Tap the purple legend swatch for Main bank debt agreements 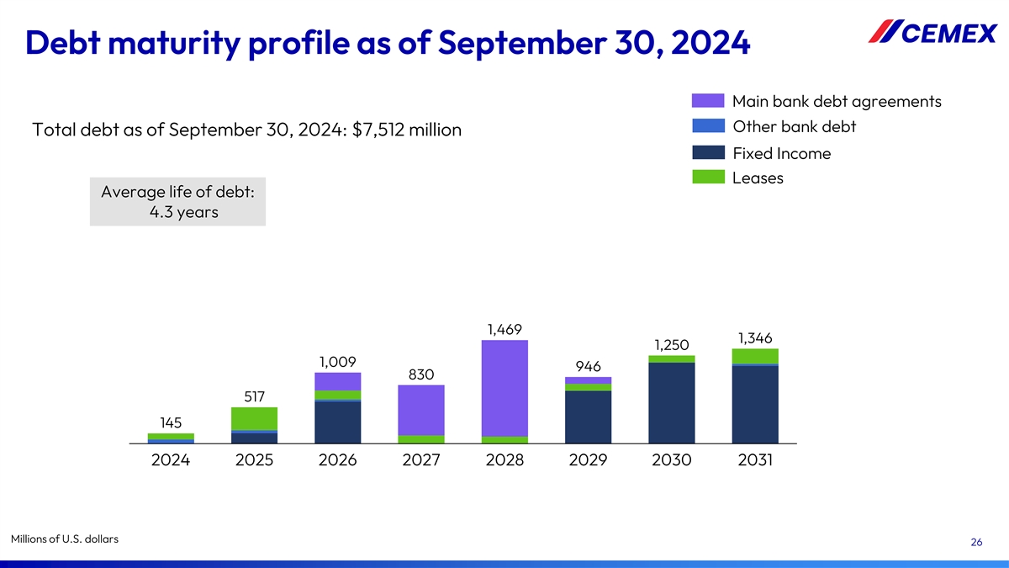[x=708, y=101]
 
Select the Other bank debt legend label [x=794, y=127]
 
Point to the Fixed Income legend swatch [x=708, y=153]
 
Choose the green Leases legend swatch [x=708, y=178]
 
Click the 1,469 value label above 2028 [x=504, y=328]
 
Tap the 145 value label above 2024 [x=171, y=422]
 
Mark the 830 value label [x=421, y=374]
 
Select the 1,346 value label [x=755, y=337]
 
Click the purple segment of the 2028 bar [x=504, y=387]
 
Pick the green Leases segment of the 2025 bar [x=254, y=418]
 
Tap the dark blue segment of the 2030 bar [x=672, y=402]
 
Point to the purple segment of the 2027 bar [x=421, y=410]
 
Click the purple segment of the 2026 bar [x=337, y=381]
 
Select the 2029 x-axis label [x=588, y=460]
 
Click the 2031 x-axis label [x=755, y=460]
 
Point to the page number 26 [x=976, y=543]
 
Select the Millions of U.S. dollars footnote [x=65, y=539]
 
